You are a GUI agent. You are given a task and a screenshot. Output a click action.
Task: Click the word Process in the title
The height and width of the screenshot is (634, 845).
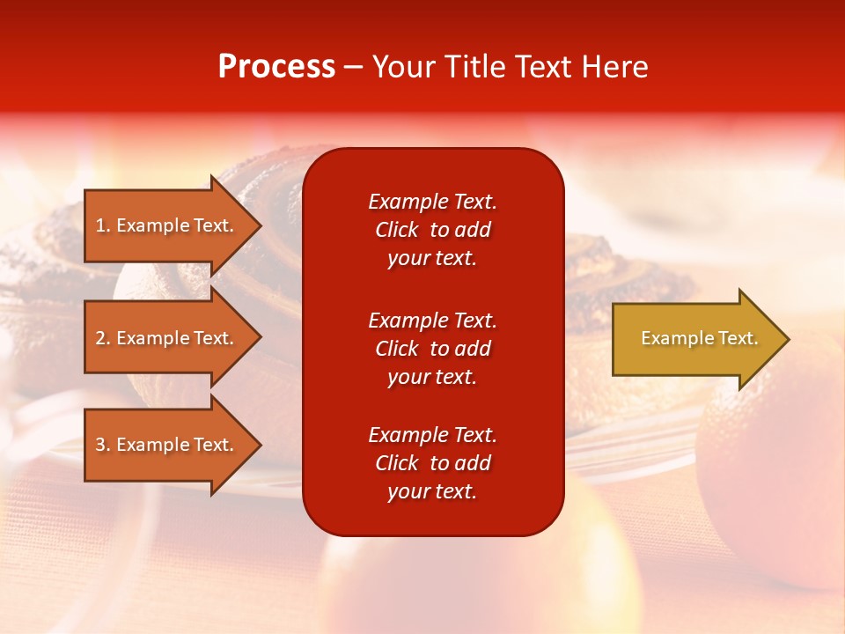pyautogui.click(x=276, y=67)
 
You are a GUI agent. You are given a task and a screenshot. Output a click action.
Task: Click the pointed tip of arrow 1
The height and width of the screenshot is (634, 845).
pyautogui.click(x=259, y=225)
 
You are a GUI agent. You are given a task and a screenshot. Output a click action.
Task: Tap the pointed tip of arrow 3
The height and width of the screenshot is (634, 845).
pyautogui.click(x=259, y=445)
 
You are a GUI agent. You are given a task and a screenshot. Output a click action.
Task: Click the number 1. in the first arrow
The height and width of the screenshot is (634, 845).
pyautogui.click(x=103, y=225)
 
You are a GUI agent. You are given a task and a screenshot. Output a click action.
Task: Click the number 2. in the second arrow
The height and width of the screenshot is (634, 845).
pyautogui.click(x=103, y=338)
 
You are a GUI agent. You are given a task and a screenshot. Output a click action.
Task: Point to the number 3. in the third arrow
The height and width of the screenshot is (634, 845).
pyautogui.click(x=103, y=445)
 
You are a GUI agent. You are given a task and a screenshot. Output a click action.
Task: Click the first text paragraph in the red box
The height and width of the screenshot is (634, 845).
pyautogui.click(x=432, y=230)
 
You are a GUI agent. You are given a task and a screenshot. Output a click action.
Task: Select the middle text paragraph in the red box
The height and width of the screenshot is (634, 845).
pyautogui.click(x=432, y=349)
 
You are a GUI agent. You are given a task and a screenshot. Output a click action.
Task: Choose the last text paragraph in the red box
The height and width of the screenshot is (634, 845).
pyautogui.click(x=432, y=463)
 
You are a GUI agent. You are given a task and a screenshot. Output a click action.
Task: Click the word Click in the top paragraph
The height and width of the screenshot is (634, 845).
pyautogui.click(x=396, y=230)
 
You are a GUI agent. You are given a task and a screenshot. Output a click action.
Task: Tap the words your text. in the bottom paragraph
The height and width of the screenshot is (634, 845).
pyautogui.click(x=432, y=491)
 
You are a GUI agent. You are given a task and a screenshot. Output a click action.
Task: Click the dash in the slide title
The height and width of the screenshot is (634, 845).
pyautogui.click(x=353, y=68)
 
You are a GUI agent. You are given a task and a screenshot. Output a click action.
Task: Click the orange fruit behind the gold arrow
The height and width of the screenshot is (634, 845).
pyautogui.click(x=775, y=458)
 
